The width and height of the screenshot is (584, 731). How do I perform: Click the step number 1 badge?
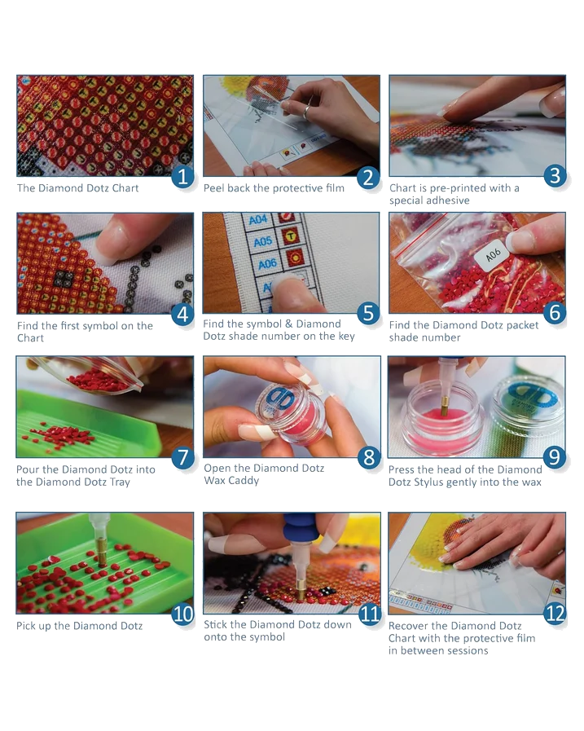point(182,177)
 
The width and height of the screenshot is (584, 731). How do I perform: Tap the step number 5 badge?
point(369,313)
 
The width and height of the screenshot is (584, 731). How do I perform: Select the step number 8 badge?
point(369,458)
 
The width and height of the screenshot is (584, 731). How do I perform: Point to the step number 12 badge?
point(555,613)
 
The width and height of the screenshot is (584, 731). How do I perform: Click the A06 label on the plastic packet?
point(493,254)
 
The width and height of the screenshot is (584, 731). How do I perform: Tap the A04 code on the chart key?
point(257,219)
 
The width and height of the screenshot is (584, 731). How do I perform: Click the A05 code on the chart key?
point(263,241)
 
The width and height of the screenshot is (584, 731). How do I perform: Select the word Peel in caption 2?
point(214,188)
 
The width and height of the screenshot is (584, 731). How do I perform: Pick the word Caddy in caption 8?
point(244,481)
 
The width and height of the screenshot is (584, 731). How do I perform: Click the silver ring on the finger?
point(307,112)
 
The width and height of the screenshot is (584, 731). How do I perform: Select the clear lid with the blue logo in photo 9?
point(527,403)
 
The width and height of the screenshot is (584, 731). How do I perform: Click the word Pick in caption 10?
point(26,626)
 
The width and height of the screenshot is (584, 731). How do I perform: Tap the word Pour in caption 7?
point(27,470)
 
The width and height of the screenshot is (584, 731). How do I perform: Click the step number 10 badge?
point(182,614)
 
